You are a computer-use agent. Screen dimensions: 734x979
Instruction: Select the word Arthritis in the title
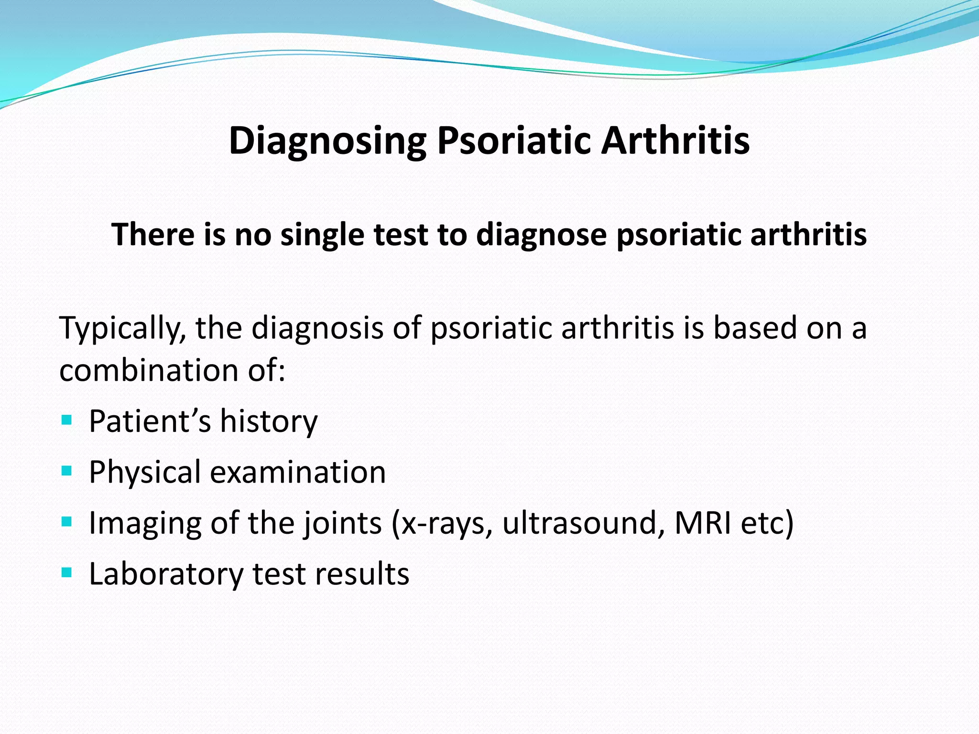pyautogui.click(x=675, y=141)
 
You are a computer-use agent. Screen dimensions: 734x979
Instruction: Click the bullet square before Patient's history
pyautogui.click(x=67, y=421)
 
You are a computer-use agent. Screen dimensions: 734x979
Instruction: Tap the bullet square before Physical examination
pyautogui.click(x=67, y=472)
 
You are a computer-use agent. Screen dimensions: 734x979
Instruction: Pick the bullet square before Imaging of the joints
pyautogui.click(x=67, y=522)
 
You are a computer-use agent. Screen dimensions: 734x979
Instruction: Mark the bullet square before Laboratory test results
pyautogui.click(x=67, y=573)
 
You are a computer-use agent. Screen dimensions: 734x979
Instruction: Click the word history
pyautogui.click(x=269, y=421)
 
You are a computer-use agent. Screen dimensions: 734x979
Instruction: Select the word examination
pyautogui.click(x=298, y=473)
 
